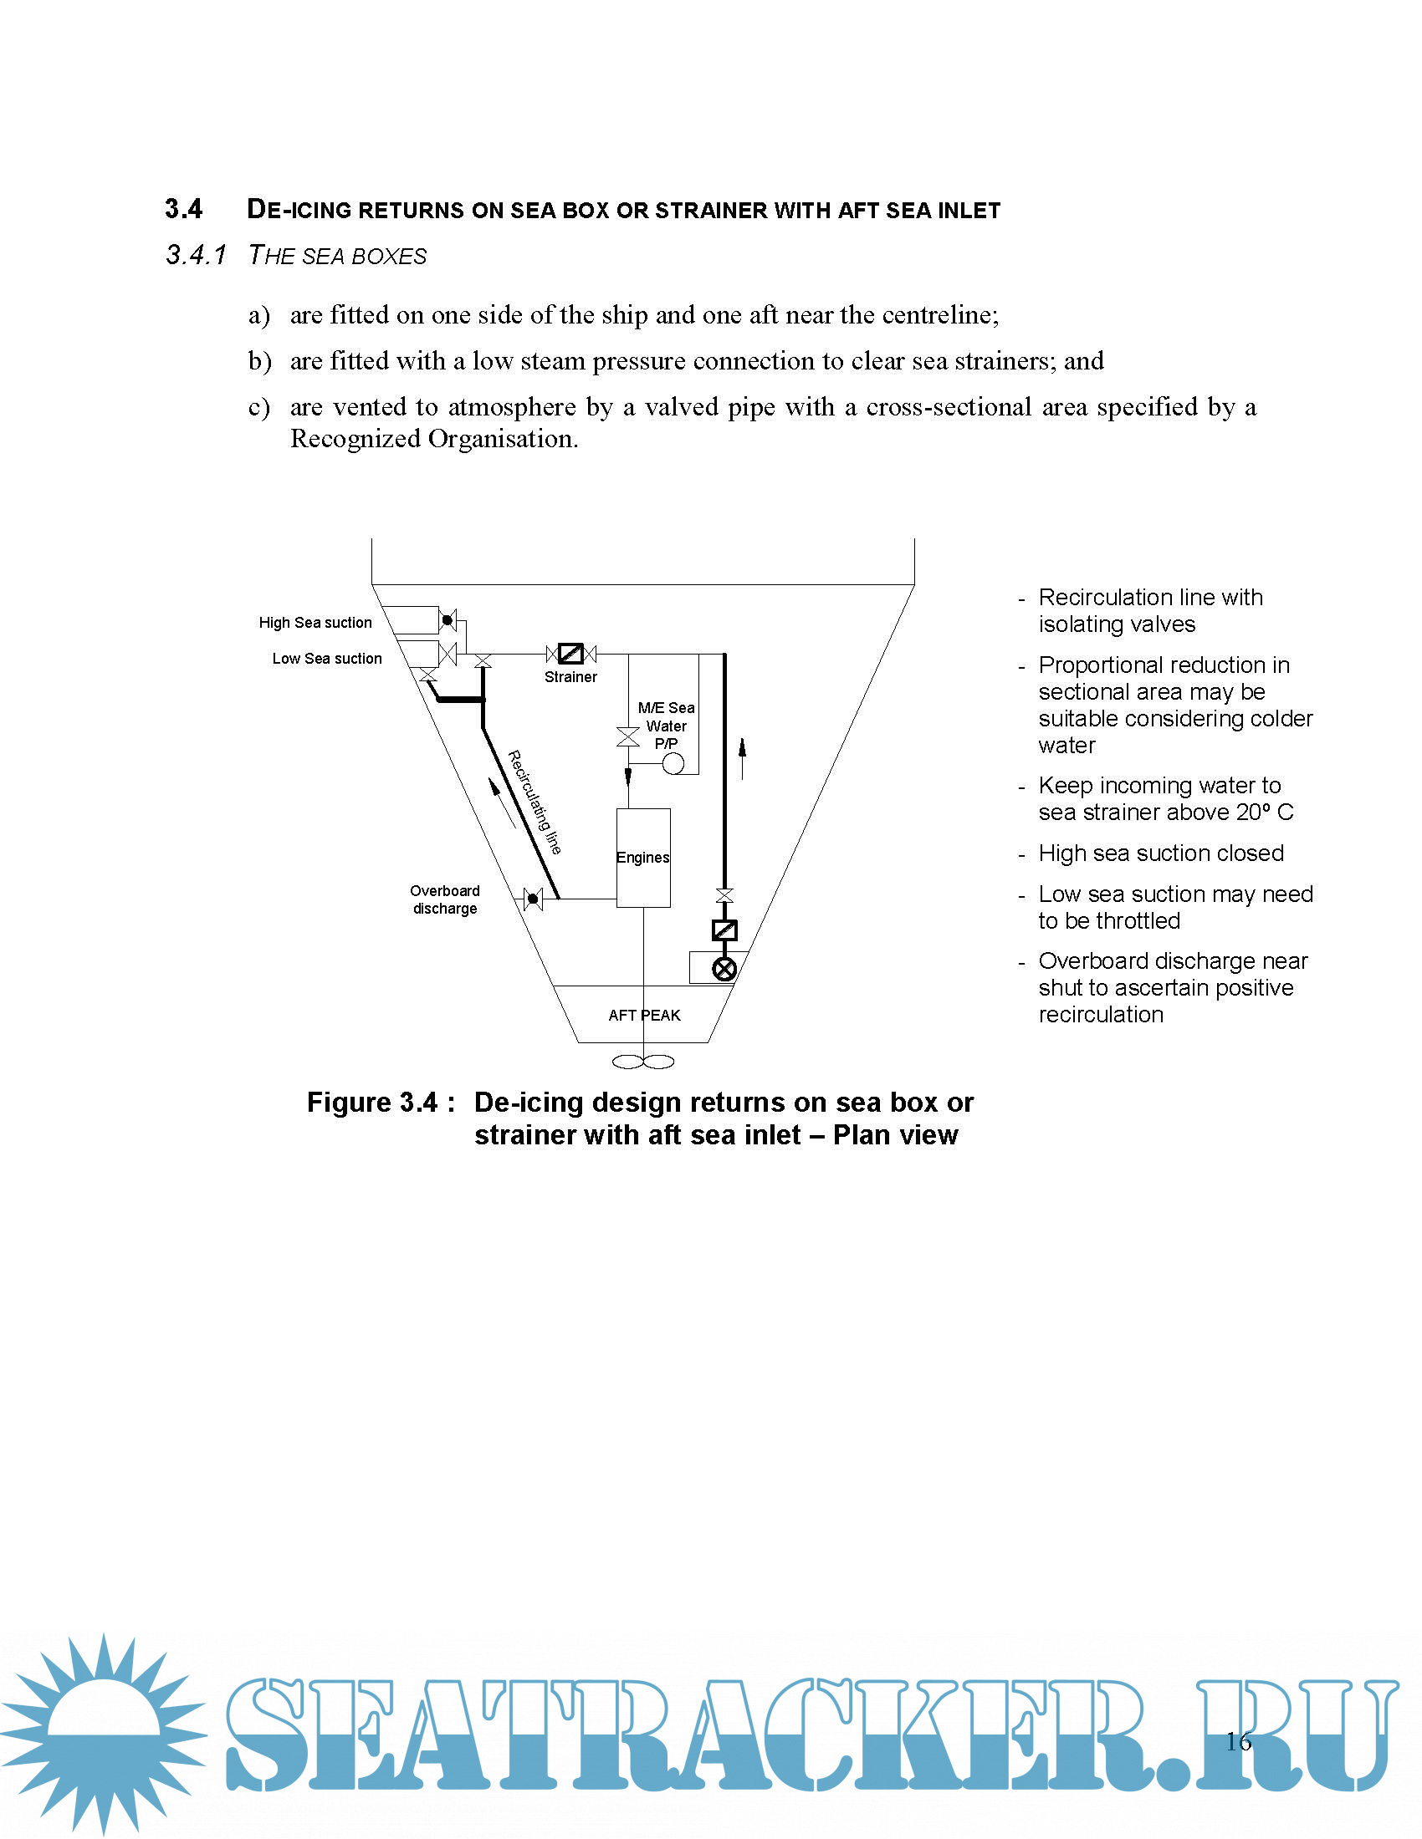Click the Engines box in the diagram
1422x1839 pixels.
[x=642, y=857]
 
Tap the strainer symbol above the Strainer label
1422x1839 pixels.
[x=571, y=653]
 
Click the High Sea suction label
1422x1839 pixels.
[x=315, y=622]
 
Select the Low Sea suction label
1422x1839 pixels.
[x=327, y=659]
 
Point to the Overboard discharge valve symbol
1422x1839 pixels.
[x=532, y=899]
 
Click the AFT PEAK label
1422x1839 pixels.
[x=644, y=1015]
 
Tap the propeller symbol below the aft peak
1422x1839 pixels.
[x=642, y=1062]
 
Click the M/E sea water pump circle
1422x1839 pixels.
[x=673, y=763]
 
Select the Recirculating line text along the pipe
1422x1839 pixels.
[x=535, y=802]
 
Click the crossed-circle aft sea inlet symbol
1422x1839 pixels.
[x=724, y=968]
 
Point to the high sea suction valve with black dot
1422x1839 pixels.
[x=448, y=620]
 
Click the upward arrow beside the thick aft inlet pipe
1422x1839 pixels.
[x=742, y=758]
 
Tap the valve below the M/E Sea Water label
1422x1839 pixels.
[x=627, y=737]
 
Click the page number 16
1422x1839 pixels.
[x=1237, y=1740]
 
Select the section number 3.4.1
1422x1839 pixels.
[x=196, y=255]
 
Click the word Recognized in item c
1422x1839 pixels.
[x=355, y=439]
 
